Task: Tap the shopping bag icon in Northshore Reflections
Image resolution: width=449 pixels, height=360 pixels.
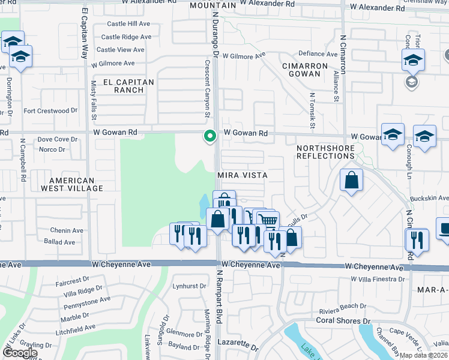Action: (351, 180)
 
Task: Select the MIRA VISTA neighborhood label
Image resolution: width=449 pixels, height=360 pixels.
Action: (242, 175)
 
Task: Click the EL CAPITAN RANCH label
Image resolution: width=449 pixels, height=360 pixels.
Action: (128, 86)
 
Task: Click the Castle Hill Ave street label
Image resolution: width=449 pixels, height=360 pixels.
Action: (128, 24)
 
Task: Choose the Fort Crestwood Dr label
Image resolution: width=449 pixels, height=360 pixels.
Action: (51, 111)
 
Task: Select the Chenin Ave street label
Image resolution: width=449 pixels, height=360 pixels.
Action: (67, 230)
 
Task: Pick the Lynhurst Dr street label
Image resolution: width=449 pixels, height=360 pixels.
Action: (189, 286)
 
